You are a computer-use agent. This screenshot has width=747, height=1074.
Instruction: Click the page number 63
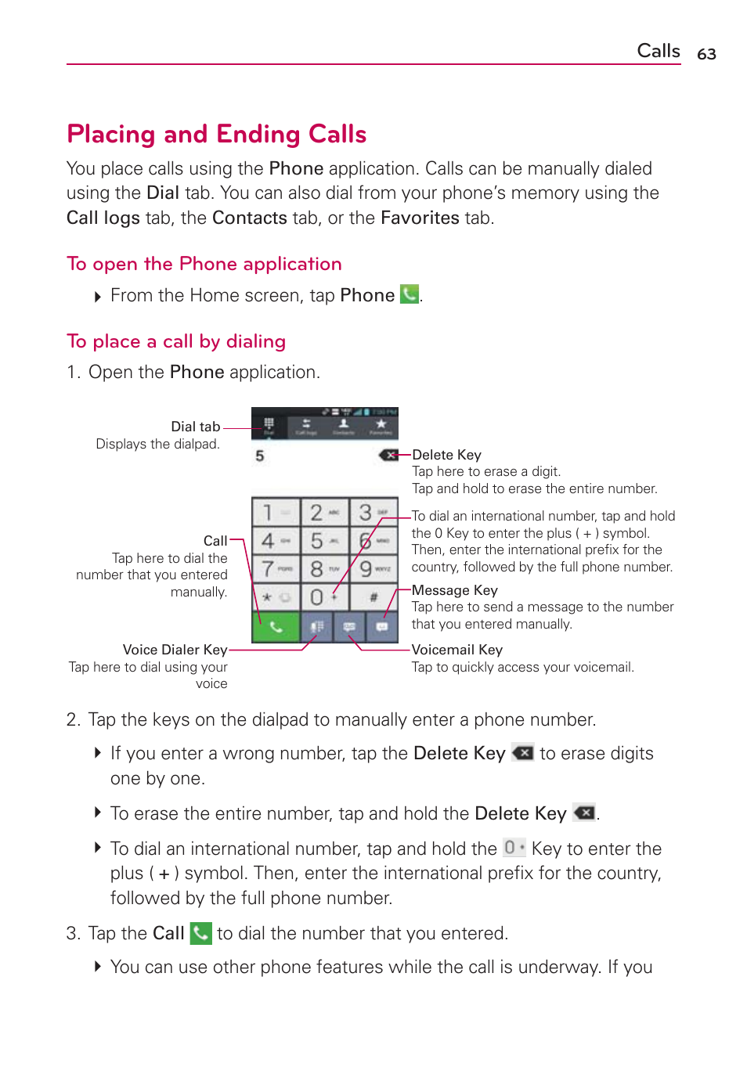pos(706,54)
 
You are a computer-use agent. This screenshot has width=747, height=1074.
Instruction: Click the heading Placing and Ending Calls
pos(216,134)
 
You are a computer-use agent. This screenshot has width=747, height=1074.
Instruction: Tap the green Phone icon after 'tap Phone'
pos(409,294)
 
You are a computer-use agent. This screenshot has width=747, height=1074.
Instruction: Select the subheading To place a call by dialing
pos(176,341)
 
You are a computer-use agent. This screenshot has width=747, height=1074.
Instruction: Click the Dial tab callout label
pos(196,427)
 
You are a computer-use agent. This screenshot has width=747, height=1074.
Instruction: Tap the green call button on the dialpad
pos(275,626)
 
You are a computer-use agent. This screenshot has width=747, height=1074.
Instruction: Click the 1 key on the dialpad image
pos(275,513)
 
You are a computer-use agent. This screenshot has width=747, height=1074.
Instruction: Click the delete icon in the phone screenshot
pos(389,455)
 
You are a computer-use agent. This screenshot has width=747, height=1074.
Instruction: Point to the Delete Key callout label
pos(446,455)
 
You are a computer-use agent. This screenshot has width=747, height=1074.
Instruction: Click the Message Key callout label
pos(454,590)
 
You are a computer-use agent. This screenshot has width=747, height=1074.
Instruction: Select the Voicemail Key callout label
pos(456,650)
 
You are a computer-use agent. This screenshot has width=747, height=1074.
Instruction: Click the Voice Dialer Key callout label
pos(175,650)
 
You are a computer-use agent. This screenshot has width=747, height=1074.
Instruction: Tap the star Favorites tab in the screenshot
pos(381,426)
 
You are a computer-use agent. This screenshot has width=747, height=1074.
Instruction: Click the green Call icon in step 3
pos(201,933)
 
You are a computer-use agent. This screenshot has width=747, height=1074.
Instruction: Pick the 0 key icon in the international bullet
pos(514,848)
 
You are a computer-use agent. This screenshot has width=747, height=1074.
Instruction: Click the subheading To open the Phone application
pos(204,264)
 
